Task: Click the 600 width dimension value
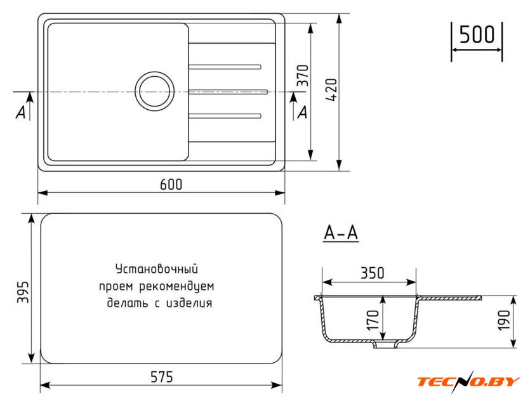tap(171, 185)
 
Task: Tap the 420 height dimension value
tap(332, 90)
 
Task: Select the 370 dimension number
tap(303, 75)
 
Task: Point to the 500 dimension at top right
tap(477, 34)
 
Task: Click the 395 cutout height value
tap(23, 292)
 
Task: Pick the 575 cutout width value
tap(162, 377)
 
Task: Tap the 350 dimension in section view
tap(372, 273)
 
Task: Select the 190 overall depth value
tap(504, 320)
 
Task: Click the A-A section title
tap(341, 233)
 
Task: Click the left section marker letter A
tap(21, 112)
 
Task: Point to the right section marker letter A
tap(303, 112)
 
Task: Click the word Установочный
tap(157, 269)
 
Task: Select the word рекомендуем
tap(177, 287)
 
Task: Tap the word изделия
tap(189, 303)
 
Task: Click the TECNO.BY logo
tap(468, 381)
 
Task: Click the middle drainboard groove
tap(228, 91)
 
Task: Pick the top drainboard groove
tap(225, 67)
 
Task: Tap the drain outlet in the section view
tap(385, 344)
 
